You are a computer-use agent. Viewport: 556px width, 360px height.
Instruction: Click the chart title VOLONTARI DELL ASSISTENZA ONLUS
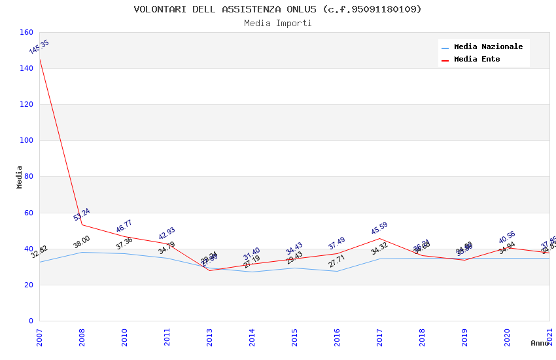277,9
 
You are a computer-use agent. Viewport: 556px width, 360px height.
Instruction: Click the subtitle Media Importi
277,24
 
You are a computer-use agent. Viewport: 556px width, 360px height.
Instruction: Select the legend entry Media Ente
477,60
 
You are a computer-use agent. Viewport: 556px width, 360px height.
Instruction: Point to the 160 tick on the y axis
27,32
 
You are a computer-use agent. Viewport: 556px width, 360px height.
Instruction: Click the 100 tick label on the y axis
27,140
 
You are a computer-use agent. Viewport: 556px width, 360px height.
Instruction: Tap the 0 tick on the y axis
31,321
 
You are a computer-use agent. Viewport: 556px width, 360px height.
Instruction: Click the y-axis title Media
20,177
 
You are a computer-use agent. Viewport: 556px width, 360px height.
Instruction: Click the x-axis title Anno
540,343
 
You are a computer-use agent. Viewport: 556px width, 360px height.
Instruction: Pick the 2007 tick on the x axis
39,338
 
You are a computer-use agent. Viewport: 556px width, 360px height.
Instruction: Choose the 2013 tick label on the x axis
209,338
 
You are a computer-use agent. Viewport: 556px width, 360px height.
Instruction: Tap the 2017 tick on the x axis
379,338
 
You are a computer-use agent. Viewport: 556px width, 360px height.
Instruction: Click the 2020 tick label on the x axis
507,338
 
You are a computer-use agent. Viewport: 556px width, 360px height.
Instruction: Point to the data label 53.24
82,215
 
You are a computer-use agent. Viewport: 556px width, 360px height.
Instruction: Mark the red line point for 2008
82,225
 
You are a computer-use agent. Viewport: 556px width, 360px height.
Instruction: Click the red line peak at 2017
379,238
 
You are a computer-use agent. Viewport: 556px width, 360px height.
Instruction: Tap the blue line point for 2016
337,271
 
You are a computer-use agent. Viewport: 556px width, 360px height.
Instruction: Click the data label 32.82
39,252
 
